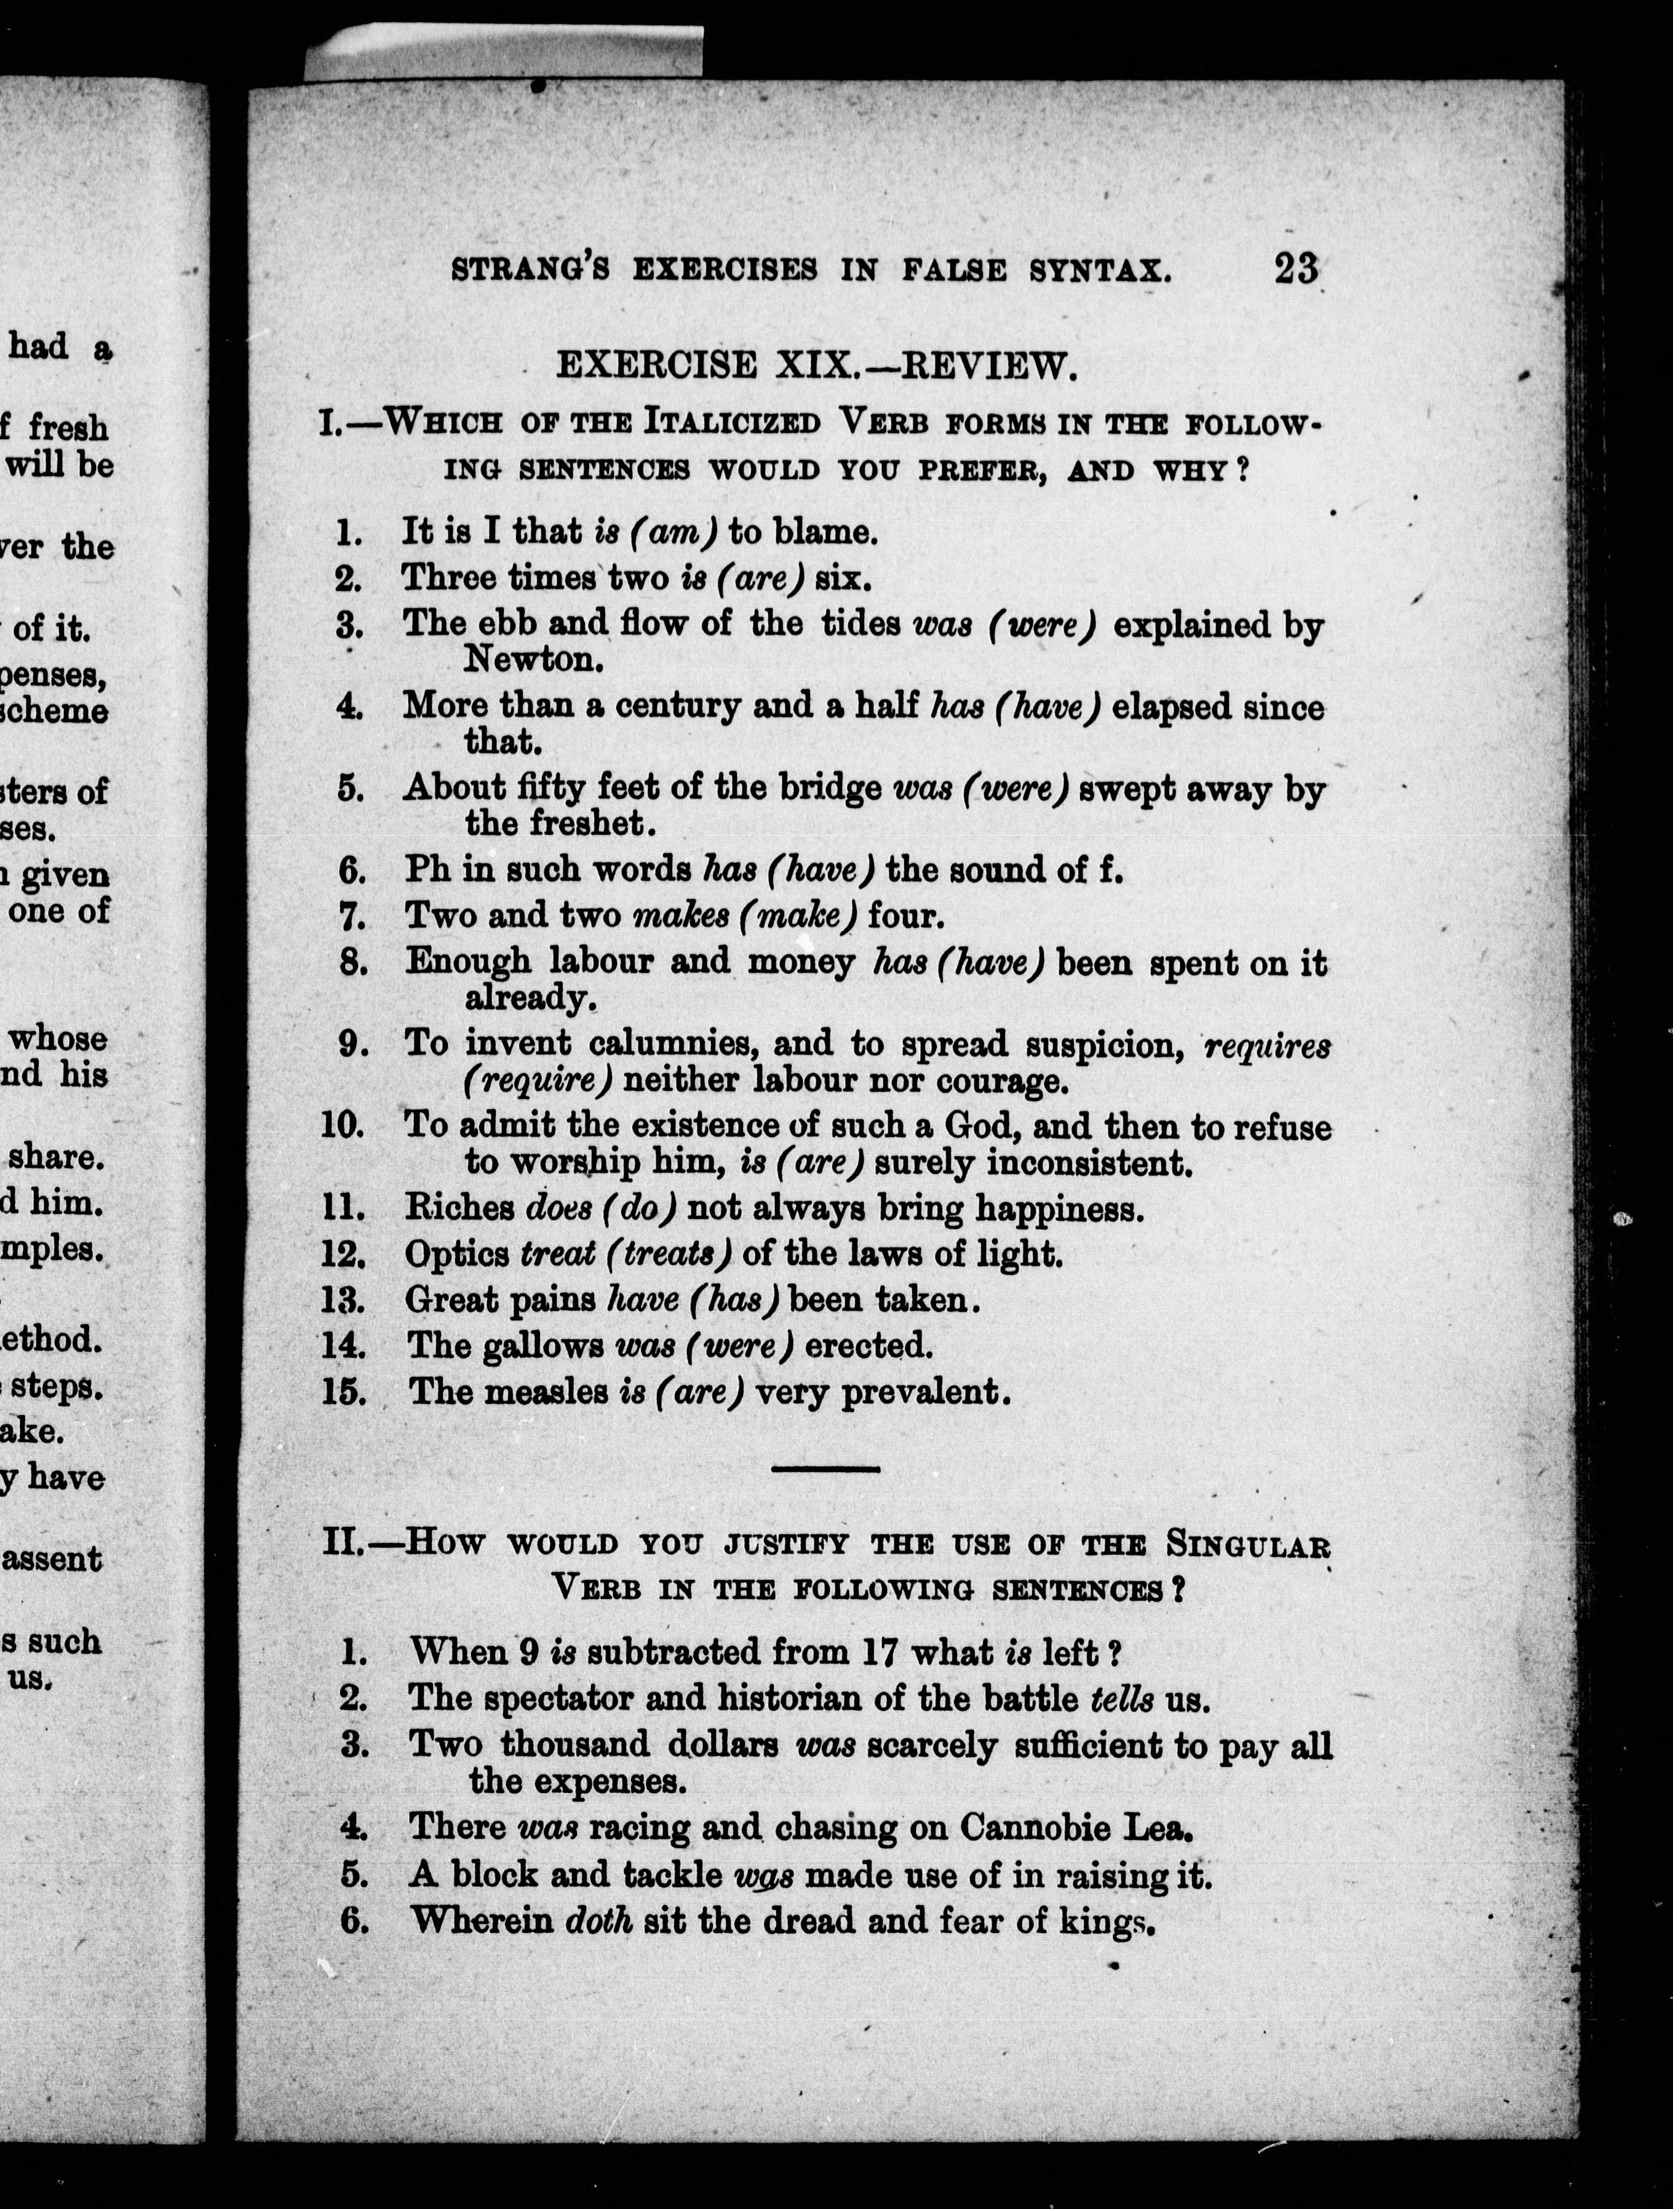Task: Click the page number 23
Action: point(1295,269)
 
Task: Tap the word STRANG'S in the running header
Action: point(530,269)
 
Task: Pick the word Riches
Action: point(459,1208)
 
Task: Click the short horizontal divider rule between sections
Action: point(826,1468)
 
